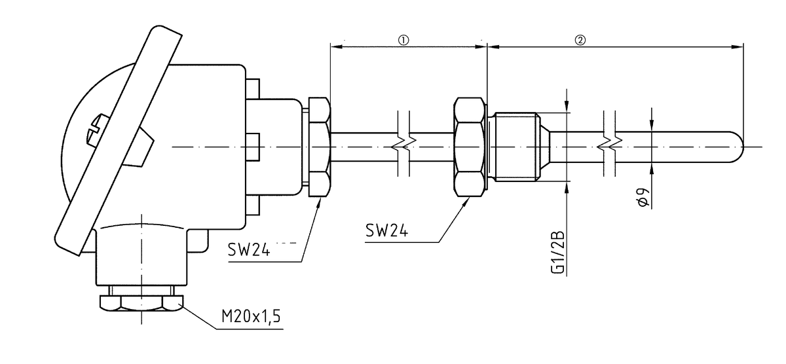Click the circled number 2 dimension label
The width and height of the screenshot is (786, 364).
click(580, 39)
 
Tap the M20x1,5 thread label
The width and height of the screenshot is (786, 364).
click(251, 318)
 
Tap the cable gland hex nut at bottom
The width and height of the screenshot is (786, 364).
click(141, 303)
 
